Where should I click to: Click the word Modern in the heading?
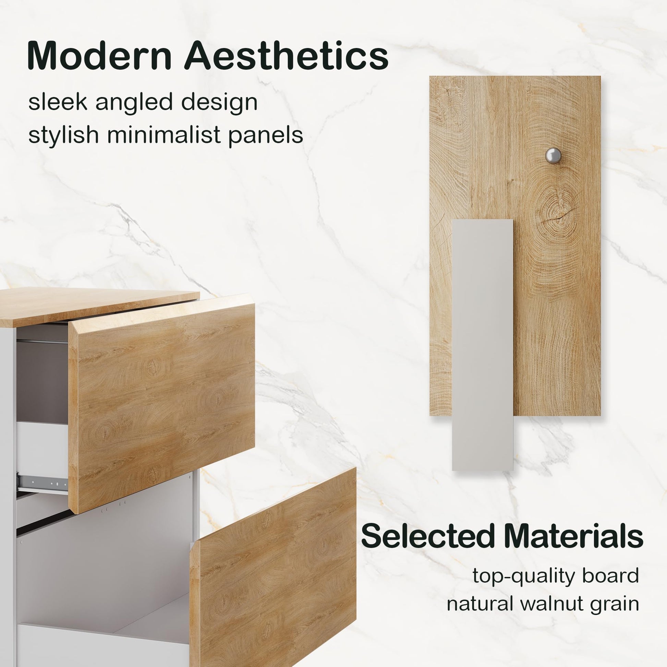pos(99,56)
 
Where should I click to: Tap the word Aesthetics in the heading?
pos(286,56)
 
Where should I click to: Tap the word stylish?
pos(63,136)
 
